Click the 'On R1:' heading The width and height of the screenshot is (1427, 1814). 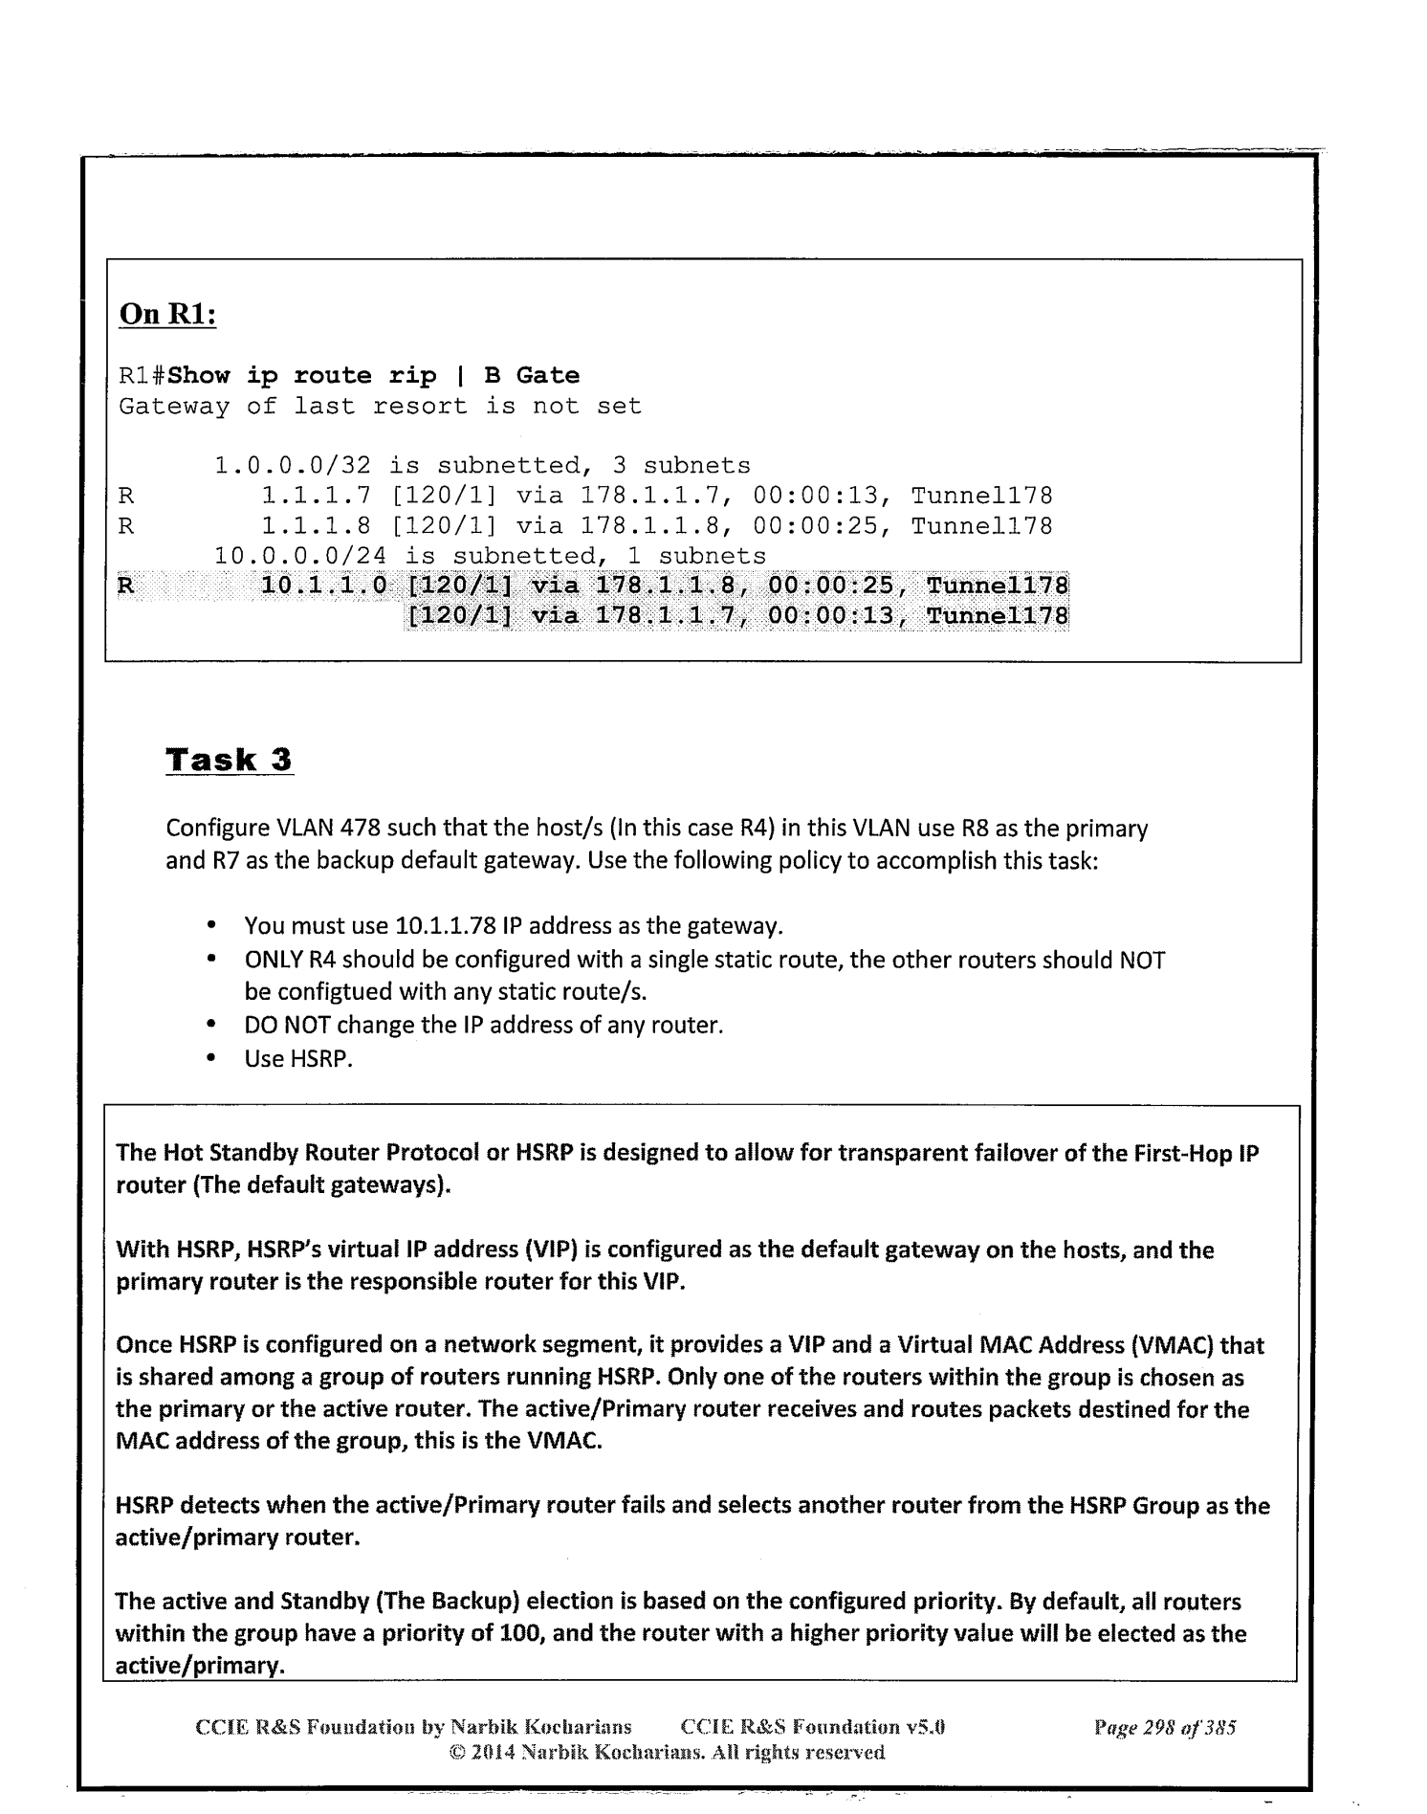click(167, 315)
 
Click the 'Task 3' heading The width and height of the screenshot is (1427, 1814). click(229, 761)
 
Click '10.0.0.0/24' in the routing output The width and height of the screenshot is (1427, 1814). click(299, 556)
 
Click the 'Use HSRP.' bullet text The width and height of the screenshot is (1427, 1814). click(298, 1058)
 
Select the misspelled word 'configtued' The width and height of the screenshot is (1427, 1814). click(335, 992)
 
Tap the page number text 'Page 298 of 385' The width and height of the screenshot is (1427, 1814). click(1165, 1728)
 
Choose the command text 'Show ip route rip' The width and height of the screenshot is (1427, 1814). click(302, 376)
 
